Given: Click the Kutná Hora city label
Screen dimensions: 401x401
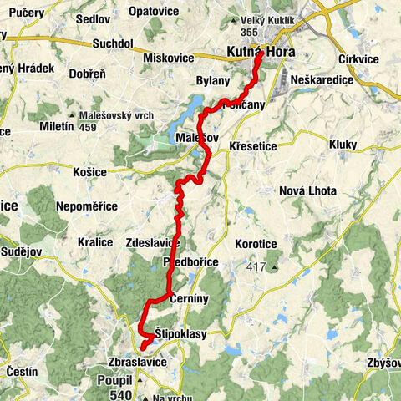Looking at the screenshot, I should point(260,53).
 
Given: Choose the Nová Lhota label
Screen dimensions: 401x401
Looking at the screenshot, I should point(302,190).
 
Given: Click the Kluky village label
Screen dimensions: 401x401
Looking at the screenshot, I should point(342,145).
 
